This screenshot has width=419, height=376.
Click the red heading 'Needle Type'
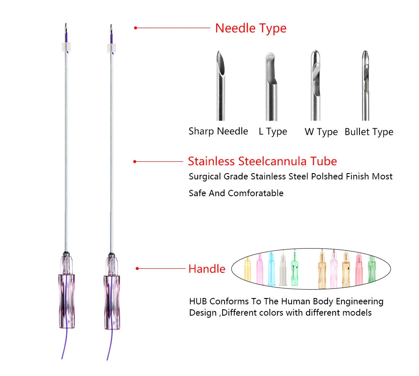click(x=251, y=29)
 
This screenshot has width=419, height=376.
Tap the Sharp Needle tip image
click(x=221, y=84)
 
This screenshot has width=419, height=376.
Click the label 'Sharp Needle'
click(x=218, y=132)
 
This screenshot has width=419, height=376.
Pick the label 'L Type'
click(x=273, y=132)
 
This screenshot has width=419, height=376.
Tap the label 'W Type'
click(x=321, y=132)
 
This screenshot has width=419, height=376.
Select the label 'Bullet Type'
click(x=369, y=132)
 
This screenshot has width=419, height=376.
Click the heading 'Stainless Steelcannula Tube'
click(x=262, y=161)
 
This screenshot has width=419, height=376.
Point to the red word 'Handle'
click(x=207, y=269)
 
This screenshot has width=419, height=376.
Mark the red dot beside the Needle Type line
click(x=135, y=28)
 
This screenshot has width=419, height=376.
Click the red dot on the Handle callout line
click(x=137, y=268)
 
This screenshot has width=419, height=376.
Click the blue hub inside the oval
click(x=272, y=268)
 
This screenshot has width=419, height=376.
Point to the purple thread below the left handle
click(x=64, y=344)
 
